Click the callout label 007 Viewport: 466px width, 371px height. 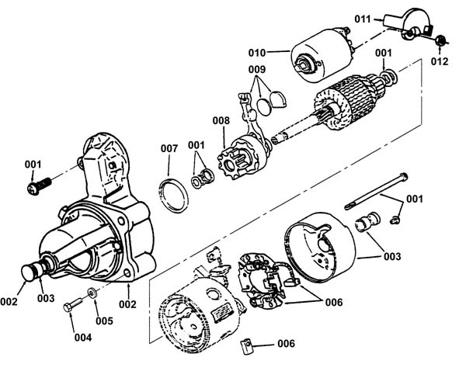click(x=169, y=148)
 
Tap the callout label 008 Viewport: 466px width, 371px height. click(x=221, y=120)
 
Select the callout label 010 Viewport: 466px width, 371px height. click(x=257, y=53)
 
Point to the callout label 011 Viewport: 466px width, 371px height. click(x=363, y=19)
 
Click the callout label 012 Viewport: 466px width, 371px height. click(x=440, y=61)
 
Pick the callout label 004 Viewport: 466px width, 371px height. click(x=83, y=338)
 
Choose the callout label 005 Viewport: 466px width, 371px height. click(x=104, y=321)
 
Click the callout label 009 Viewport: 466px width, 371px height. click(x=257, y=70)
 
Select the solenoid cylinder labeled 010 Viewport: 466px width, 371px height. click(x=321, y=55)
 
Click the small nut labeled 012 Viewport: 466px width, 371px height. click(x=440, y=40)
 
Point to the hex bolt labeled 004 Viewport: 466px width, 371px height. click(x=72, y=305)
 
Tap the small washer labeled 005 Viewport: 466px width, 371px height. click(x=92, y=293)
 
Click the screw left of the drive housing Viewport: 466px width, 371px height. click(x=39, y=185)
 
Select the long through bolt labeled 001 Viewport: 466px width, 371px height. click(x=376, y=191)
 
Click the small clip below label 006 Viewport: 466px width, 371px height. click(x=246, y=346)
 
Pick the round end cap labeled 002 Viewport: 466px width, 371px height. click(x=29, y=272)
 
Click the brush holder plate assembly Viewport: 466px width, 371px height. click(x=263, y=279)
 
